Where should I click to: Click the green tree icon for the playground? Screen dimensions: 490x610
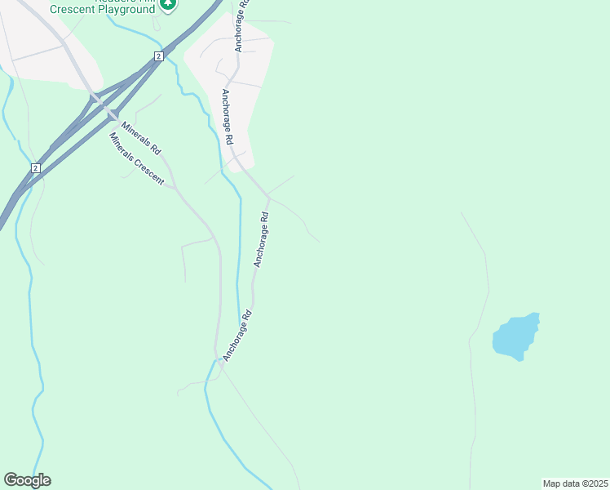(x=168, y=5)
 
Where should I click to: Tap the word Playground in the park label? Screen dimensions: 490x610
(x=126, y=9)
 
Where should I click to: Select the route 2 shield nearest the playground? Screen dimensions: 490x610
(x=158, y=56)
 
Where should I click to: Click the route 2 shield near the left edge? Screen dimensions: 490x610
(x=35, y=167)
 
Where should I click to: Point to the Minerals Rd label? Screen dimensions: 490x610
(x=142, y=139)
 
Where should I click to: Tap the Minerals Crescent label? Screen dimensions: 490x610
(x=137, y=158)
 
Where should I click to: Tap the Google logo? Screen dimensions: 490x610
(x=27, y=480)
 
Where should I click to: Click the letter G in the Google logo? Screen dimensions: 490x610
(x=11, y=479)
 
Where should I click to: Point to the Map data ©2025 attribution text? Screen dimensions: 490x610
(x=574, y=483)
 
